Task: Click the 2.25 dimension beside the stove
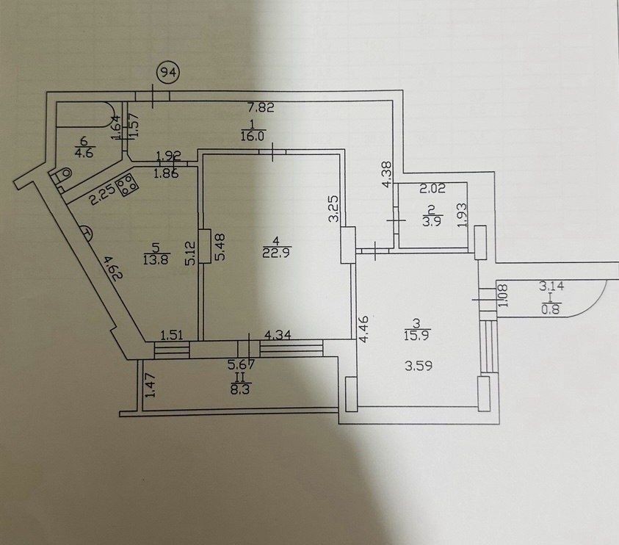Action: coord(101,195)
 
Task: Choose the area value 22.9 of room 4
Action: coord(275,253)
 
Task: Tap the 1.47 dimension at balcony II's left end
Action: coord(151,386)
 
